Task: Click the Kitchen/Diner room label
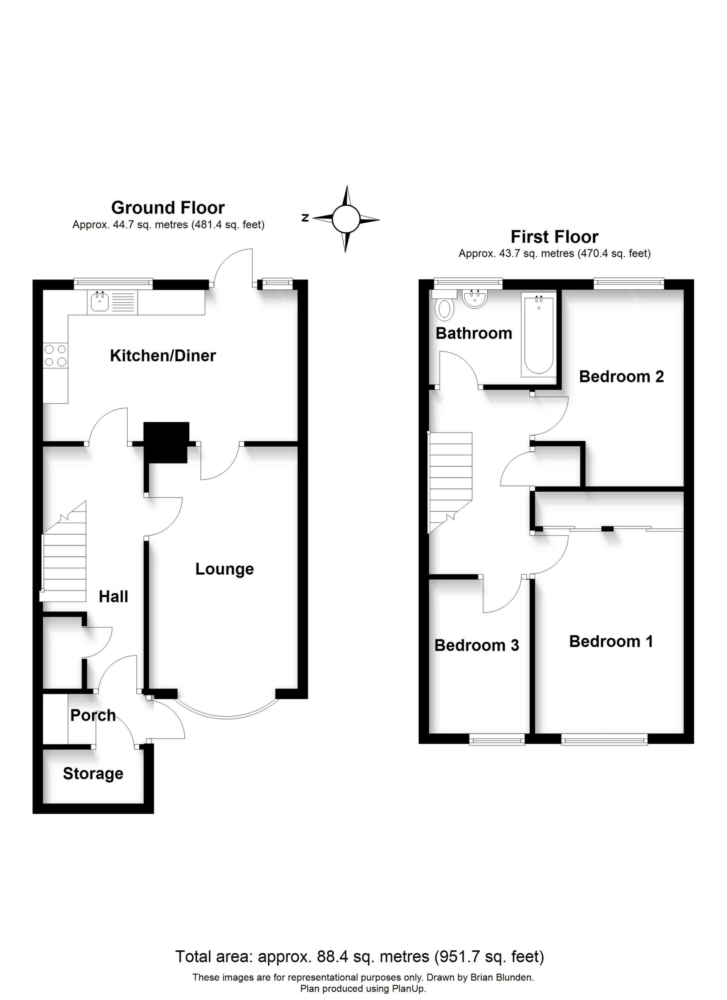[x=163, y=356]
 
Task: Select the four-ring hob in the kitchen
[x=56, y=355]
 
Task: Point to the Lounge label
[x=225, y=569]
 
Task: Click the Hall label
[x=113, y=597]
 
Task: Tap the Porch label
[x=93, y=715]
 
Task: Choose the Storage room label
[x=93, y=773]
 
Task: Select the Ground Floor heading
[x=168, y=207]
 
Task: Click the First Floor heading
[x=555, y=237]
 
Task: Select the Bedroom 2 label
[x=621, y=377]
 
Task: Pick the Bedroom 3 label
[x=477, y=645]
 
